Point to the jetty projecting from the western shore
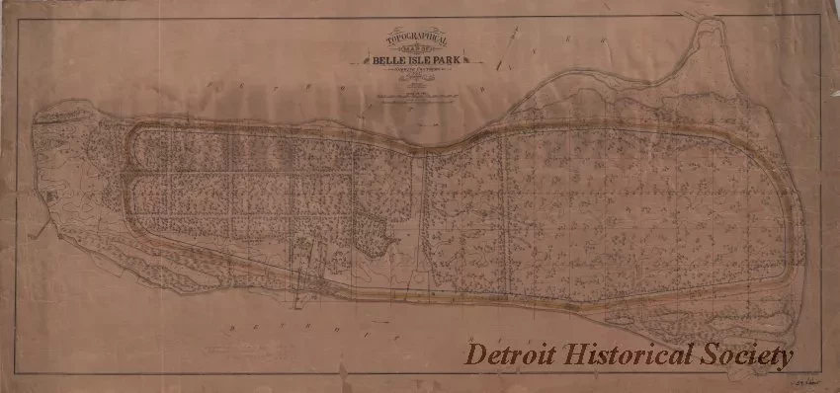coord(38,233)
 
